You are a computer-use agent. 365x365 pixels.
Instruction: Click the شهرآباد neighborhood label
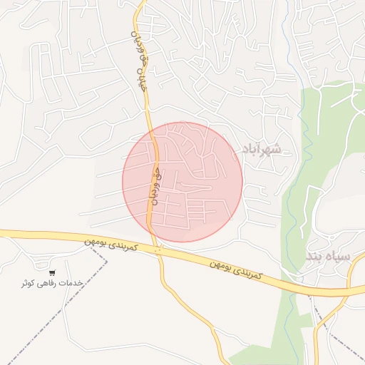(x=262, y=149)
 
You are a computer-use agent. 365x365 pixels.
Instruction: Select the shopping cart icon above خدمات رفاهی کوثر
(x=52, y=273)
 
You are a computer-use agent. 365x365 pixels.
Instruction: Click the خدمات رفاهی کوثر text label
(x=52, y=283)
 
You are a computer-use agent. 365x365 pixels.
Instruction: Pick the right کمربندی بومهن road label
(x=236, y=269)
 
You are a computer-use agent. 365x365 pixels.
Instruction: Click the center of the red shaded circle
(x=182, y=182)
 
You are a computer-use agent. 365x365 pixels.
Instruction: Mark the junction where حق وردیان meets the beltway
(x=158, y=249)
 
